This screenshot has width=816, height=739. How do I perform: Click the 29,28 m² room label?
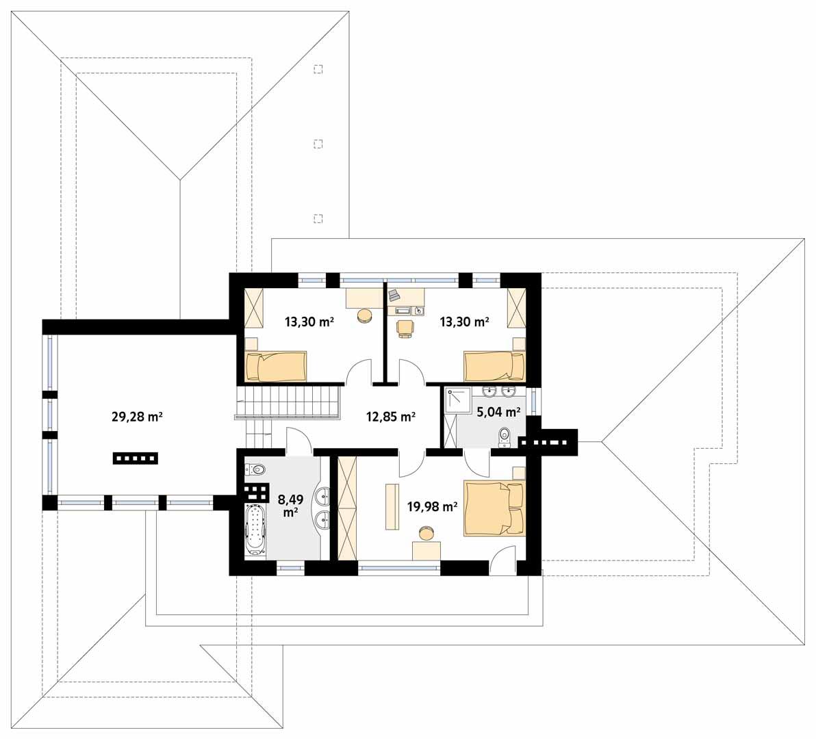coord(136,415)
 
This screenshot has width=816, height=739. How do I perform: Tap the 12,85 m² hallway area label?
coord(391,416)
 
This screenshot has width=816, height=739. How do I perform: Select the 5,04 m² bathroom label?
coord(498,411)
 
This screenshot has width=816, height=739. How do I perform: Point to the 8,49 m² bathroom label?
coord(290,505)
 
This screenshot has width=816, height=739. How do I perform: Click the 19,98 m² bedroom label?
coord(431,506)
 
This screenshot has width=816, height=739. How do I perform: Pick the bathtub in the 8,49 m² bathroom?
coord(255,530)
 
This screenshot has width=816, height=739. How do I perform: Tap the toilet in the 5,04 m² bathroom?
coord(505,435)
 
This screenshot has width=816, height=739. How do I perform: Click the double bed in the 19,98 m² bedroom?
coord(494,508)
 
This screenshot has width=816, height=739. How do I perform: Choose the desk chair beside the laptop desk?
coord(405,328)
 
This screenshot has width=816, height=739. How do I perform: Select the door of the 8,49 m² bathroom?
coord(300,440)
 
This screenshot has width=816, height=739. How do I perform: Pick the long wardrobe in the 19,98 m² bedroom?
coord(348,508)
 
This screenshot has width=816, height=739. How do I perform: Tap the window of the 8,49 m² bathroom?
coord(290,567)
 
